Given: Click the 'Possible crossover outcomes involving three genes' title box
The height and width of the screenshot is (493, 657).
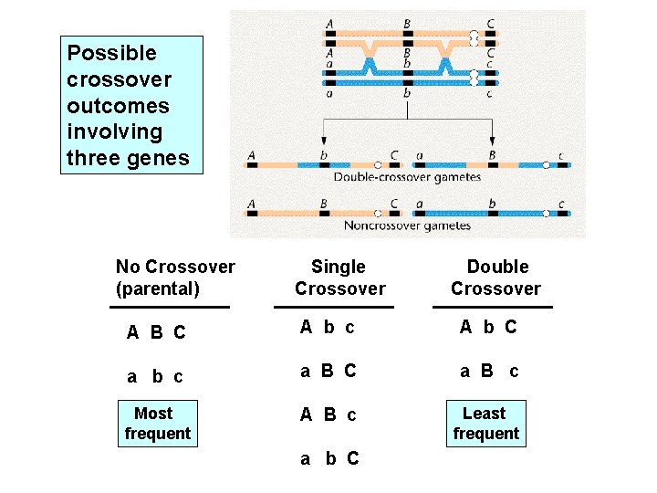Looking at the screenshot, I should pos(131,105).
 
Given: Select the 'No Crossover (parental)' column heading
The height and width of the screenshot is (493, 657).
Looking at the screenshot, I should pos(175,278).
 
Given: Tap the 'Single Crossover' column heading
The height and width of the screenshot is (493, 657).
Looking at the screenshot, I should pos(339,278).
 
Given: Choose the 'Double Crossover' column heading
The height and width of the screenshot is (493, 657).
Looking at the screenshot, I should pos(496,278).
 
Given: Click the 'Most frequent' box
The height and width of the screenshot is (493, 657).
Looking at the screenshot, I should pos(157,424).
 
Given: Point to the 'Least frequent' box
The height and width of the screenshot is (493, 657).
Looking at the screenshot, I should pos(485,424).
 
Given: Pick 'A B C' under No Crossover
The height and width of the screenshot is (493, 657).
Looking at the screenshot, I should pos(156,332).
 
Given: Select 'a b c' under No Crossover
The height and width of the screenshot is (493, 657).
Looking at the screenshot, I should pos(155,376).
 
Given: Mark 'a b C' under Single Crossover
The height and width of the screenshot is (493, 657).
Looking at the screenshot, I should pos(329,458).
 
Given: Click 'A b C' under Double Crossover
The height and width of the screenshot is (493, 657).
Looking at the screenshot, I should pos(488,327).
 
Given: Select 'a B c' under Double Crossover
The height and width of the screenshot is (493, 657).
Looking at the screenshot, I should pos(489,371).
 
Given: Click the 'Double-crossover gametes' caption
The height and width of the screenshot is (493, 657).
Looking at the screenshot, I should pos(407,177).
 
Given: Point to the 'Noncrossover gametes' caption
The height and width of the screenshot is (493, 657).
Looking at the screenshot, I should pos(407,225).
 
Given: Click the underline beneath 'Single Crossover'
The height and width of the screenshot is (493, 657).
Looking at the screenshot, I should pos(339,307).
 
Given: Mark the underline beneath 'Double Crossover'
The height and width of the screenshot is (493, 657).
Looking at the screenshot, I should pos(493,307).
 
